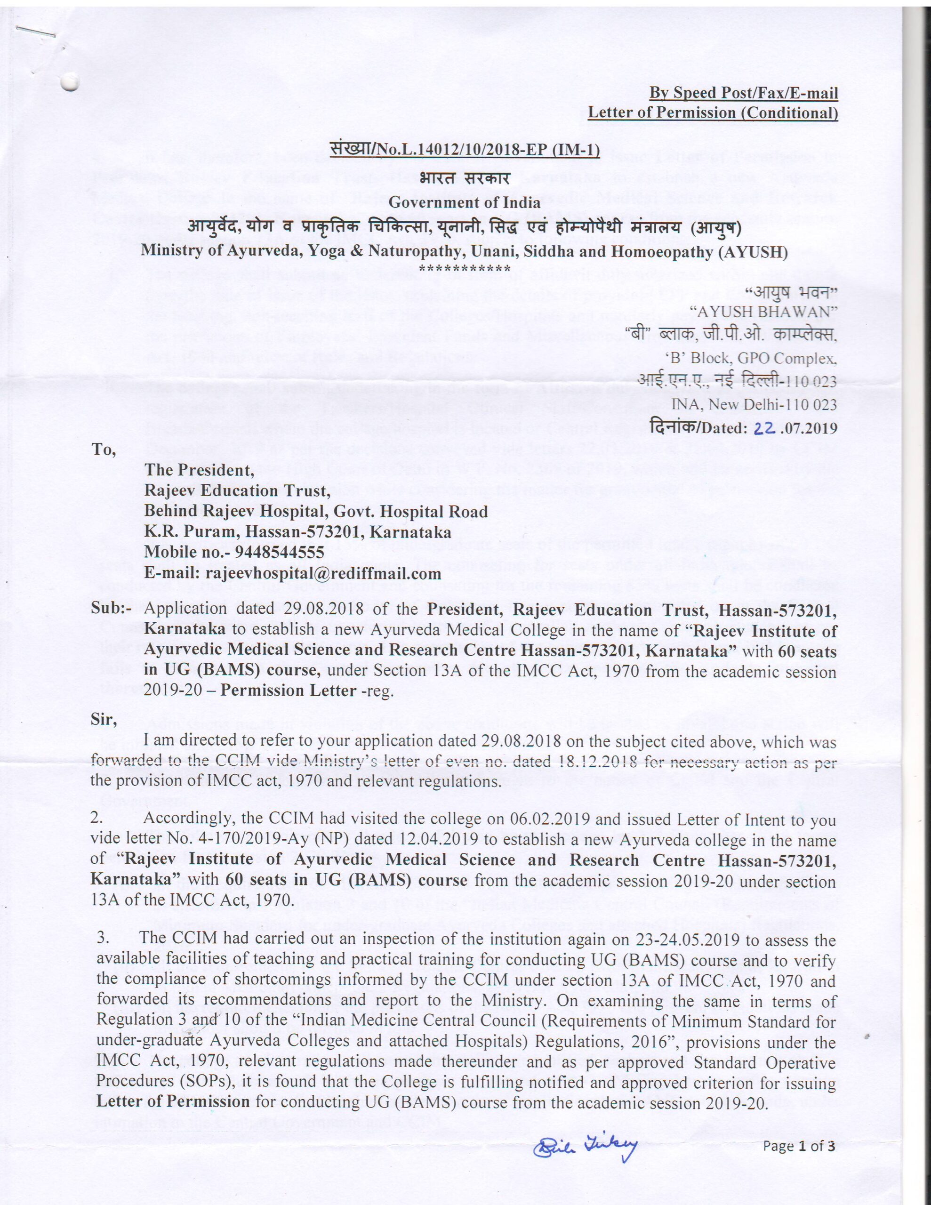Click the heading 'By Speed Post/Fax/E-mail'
pyautogui.click(x=743, y=93)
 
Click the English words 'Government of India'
pyautogui.click(x=464, y=202)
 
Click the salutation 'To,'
pyautogui.click(x=104, y=450)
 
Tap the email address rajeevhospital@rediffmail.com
pyautogui.click(x=323, y=573)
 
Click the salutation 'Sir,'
pyautogui.click(x=104, y=719)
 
